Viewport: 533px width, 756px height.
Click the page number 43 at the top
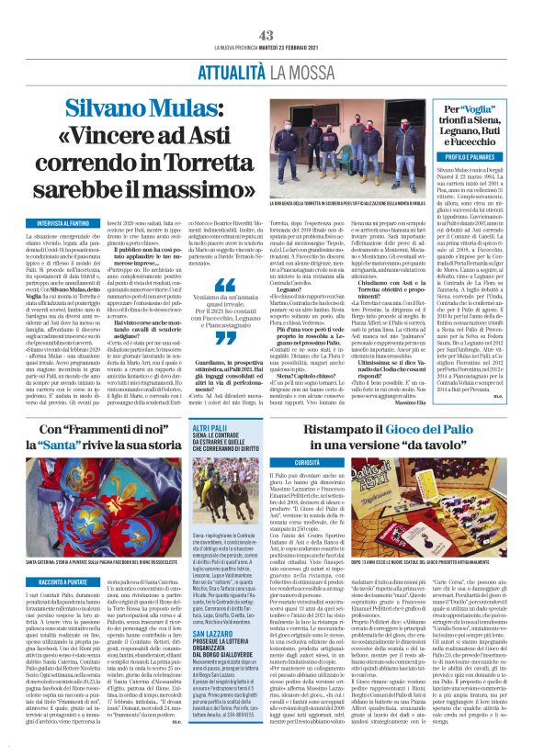pyautogui.click(x=266, y=9)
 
